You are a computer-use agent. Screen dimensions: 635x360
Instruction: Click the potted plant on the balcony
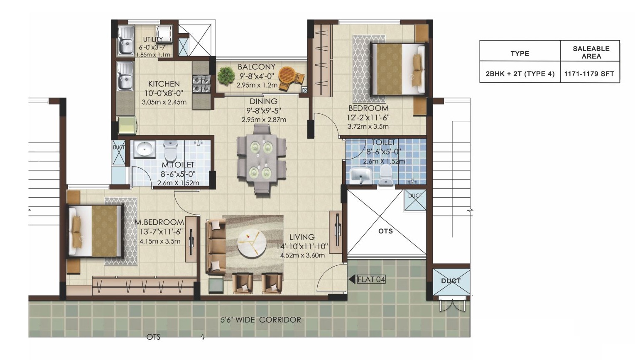(x=226, y=76)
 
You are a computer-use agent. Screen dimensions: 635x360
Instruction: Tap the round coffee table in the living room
(x=252, y=243)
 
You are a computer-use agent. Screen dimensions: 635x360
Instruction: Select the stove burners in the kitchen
(x=201, y=84)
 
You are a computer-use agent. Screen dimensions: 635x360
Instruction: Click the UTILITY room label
(x=153, y=39)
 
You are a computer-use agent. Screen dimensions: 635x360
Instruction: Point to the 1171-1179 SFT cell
(x=589, y=74)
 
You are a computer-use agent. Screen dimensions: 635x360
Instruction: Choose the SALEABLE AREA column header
(x=591, y=52)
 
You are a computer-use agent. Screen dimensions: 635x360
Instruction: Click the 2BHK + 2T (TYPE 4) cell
(x=520, y=74)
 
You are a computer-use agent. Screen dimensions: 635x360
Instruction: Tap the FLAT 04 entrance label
(x=371, y=279)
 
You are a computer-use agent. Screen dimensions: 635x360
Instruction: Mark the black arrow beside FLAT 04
(x=352, y=279)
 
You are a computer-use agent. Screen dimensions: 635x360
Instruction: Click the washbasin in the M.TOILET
(x=144, y=149)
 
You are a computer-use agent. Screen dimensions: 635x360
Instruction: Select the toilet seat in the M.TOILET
(x=171, y=150)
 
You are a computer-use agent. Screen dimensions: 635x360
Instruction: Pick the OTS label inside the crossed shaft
(x=385, y=231)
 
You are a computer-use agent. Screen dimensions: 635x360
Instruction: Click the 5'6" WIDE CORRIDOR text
(x=260, y=320)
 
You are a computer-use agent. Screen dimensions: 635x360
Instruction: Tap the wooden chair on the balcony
(x=291, y=78)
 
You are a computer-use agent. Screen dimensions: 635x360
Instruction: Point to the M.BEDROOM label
(x=159, y=222)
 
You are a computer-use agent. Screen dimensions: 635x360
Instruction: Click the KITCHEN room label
(x=164, y=84)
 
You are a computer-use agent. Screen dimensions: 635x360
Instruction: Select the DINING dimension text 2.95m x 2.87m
(x=264, y=120)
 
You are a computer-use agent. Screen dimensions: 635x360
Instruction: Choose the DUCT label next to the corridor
(x=451, y=281)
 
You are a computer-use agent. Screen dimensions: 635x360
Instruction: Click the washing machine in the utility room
(x=164, y=34)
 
